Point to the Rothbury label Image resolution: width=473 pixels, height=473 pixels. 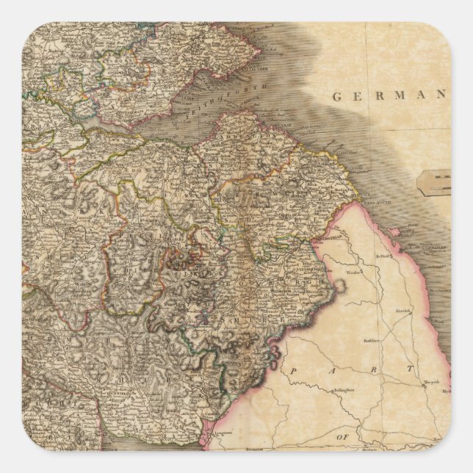373,340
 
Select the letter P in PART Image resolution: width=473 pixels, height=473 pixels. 292,372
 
